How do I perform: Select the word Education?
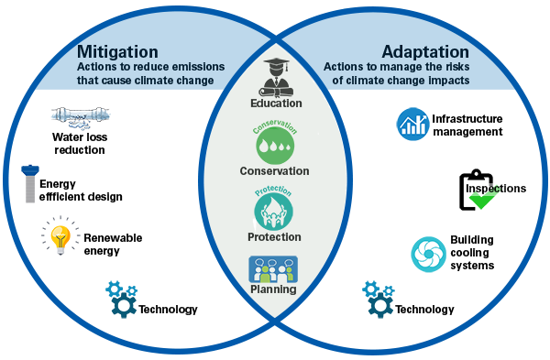pos(275,104)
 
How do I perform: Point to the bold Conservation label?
pos(274,171)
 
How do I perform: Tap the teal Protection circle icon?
pos(274,211)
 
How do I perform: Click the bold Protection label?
pos(274,237)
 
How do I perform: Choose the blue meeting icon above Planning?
pos(274,269)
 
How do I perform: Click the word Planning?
pos(273,289)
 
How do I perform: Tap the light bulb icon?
pos(60,237)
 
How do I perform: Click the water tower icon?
pos(31,182)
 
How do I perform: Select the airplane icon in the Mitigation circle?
pos(82,116)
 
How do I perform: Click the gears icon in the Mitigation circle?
pos(122,299)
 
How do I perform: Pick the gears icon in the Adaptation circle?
pos(379,299)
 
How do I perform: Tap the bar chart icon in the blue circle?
pos(412,124)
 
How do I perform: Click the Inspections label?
pos(497,189)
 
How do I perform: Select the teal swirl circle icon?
pos(428,254)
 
